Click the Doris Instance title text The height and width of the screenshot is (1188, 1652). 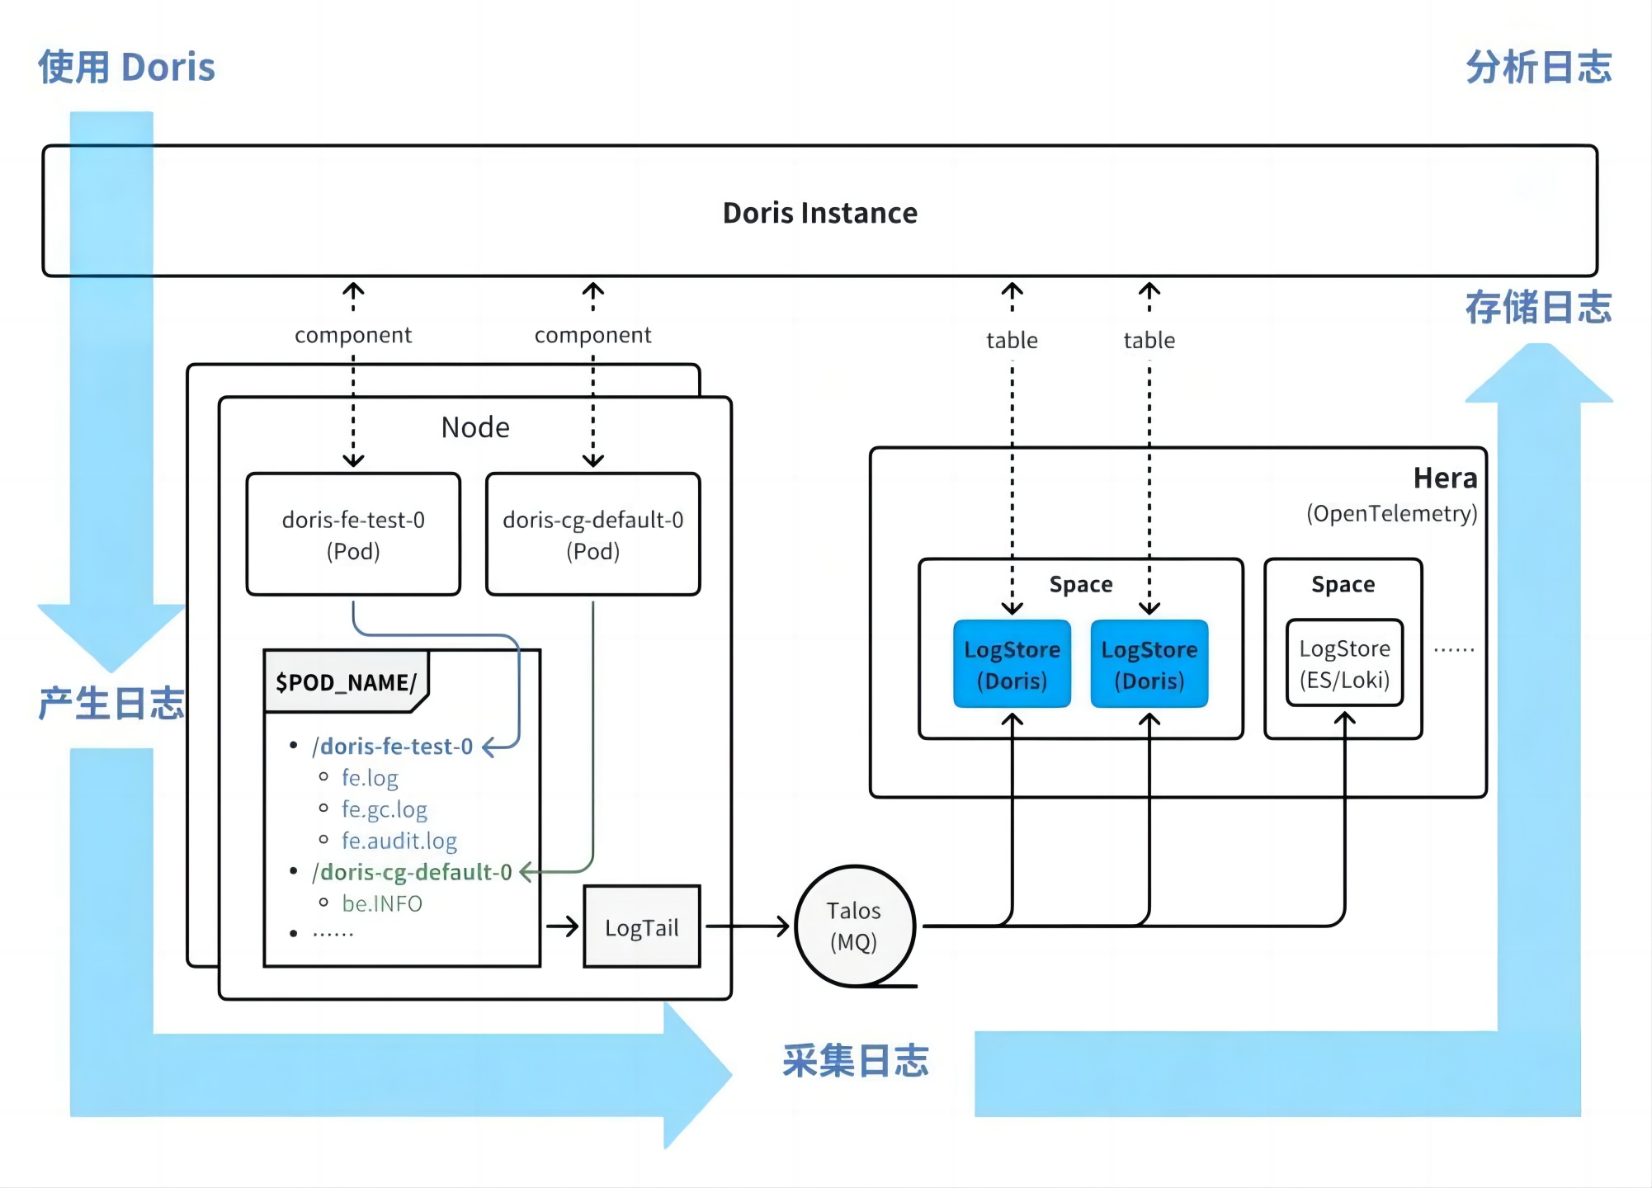click(x=819, y=213)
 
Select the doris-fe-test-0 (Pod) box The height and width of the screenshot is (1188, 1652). click(x=353, y=535)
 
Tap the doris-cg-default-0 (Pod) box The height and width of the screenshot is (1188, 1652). click(x=592, y=535)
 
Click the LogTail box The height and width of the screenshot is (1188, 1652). click(x=641, y=927)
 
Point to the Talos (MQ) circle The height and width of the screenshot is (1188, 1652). click(x=854, y=926)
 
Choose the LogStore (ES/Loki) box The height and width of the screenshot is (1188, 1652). click(x=1344, y=663)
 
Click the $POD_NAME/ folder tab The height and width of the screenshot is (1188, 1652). click(x=346, y=682)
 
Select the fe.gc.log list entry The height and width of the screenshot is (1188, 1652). click(x=385, y=809)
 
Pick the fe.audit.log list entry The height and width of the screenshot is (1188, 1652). click(x=399, y=841)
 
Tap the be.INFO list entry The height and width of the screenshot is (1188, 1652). click(x=382, y=903)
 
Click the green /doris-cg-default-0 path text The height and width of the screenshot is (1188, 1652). click(x=412, y=872)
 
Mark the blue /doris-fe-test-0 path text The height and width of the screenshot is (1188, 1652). click(x=392, y=747)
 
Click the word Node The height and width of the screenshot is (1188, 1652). click(x=475, y=427)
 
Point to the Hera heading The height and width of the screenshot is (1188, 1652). click(x=1445, y=478)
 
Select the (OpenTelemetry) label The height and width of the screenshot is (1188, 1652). click(x=1391, y=514)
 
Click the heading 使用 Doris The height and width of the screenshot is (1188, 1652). click(x=126, y=67)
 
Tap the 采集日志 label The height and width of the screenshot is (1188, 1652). click(x=856, y=1061)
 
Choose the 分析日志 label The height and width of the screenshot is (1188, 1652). click(x=1538, y=67)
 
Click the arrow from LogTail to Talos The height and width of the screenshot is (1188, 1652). click(x=747, y=926)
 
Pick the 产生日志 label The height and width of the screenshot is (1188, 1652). click(x=111, y=704)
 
